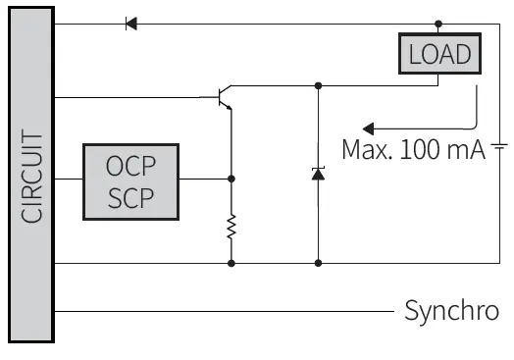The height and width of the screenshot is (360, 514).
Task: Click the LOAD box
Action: coord(440,53)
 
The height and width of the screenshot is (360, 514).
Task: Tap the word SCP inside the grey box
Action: coord(129,196)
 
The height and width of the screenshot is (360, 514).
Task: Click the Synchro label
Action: coord(452,311)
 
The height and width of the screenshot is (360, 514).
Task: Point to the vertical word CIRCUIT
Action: coord(32,177)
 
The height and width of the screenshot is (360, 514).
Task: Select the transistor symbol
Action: coord(221,98)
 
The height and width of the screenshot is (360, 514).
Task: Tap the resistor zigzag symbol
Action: coord(231,228)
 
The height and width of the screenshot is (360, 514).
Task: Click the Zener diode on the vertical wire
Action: coord(317,174)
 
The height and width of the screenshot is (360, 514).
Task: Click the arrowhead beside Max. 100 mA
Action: coord(369,128)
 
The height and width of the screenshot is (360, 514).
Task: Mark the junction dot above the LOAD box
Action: coord(438,24)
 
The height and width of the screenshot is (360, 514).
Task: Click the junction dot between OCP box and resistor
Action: coord(231,179)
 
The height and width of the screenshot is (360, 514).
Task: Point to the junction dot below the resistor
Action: coord(231,263)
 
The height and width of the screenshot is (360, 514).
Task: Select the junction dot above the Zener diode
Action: coord(317,85)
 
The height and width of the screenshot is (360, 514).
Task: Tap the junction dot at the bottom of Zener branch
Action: coord(317,263)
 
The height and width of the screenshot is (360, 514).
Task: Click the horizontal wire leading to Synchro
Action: coord(226,311)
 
